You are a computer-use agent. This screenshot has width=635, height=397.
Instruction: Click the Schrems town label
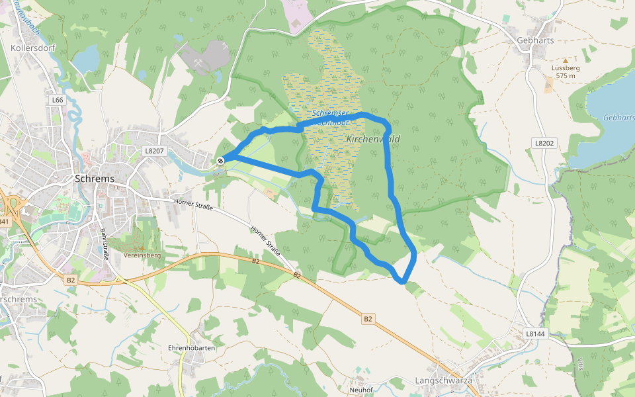click(95, 179)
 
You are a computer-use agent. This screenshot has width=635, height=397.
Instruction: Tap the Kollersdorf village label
click(32, 48)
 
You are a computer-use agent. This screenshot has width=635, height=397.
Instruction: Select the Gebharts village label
click(534, 40)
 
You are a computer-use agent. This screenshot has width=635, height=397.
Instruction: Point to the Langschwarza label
click(443, 380)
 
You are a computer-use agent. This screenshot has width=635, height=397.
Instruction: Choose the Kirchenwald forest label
click(373, 140)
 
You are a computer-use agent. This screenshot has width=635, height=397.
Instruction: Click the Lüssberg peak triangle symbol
click(565, 60)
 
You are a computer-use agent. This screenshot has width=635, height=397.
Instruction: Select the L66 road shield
click(58, 100)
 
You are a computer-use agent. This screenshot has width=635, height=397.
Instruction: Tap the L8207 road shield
click(153, 151)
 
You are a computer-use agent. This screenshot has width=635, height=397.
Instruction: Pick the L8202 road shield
click(543, 142)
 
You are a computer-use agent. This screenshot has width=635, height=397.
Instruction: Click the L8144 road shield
click(534, 334)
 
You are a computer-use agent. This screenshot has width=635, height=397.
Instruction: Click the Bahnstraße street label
click(105, 245)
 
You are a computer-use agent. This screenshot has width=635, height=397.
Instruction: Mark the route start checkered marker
click(220, 160)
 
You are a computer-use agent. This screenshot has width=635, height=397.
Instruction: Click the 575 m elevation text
click(566, 76)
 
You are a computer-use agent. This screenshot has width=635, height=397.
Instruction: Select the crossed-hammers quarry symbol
click(198, 63)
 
